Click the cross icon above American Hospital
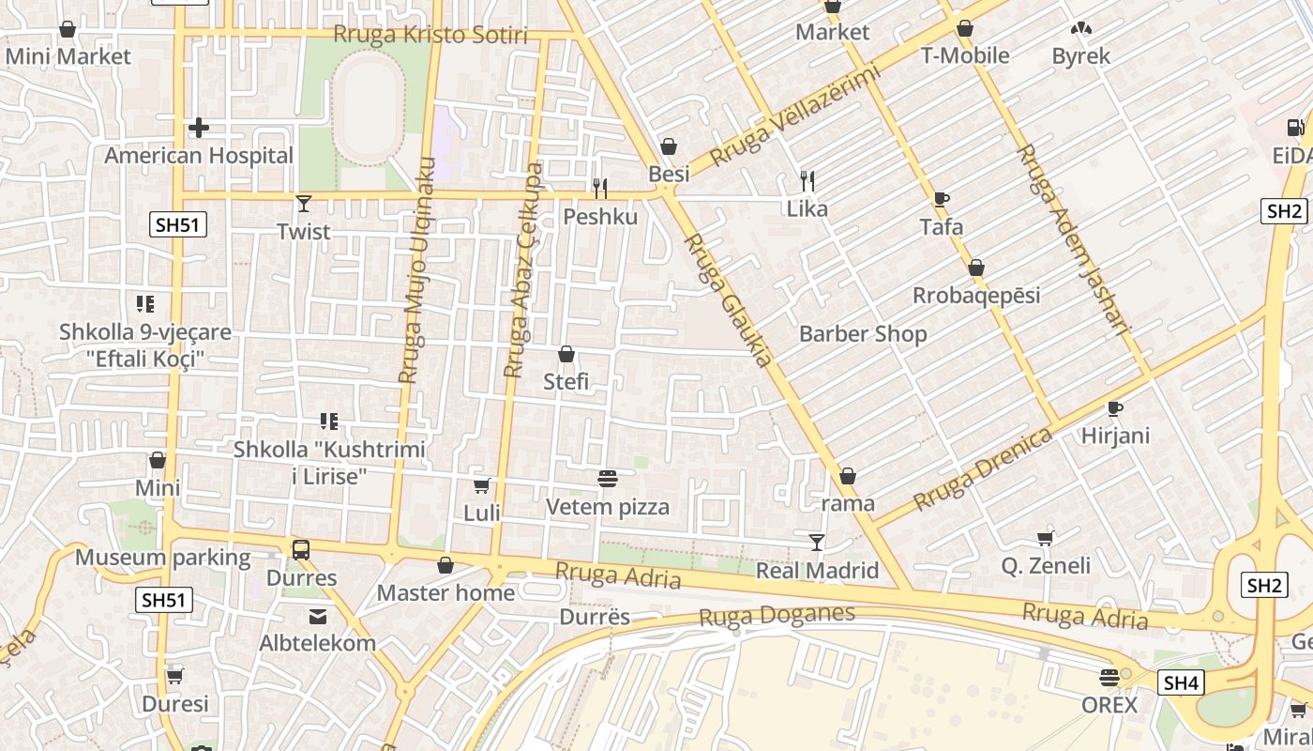[199, 128]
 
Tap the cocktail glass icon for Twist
[303, 203]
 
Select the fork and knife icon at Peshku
[600, 189]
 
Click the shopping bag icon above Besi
[669, 146]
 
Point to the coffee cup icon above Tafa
[942, 199]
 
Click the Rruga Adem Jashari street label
[1072, 239]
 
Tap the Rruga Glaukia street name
[728, 299]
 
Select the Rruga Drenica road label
[983, 469]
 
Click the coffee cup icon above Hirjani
[1115, 408]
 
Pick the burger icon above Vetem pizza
[608, 479]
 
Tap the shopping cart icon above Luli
[482, 485]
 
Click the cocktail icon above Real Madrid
[817, 543]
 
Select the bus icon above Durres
[301, 550]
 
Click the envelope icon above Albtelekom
[318, 617]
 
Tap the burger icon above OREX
[1109, 677]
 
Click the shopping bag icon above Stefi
[566, 355]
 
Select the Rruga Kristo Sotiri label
[430, 36]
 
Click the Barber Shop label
[862, 334]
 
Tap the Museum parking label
[163, 558]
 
